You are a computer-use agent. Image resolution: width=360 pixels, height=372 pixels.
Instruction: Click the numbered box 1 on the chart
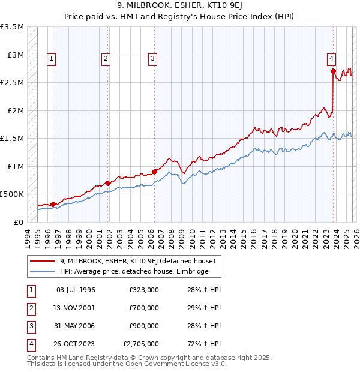52,59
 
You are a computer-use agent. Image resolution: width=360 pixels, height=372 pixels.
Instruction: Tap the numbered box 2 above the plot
106,59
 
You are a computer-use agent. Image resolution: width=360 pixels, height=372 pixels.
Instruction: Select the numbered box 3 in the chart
153,59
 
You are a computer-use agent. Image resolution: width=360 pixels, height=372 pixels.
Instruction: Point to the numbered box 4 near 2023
331,59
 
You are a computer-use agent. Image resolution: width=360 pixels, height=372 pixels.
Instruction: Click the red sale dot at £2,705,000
333,71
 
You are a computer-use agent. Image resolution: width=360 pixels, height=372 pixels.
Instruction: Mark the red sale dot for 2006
154,172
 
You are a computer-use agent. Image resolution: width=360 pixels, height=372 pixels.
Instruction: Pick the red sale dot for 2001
108,183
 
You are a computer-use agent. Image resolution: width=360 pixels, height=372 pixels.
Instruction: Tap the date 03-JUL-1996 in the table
76,290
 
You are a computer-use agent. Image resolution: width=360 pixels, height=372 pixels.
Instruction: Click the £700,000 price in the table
143,308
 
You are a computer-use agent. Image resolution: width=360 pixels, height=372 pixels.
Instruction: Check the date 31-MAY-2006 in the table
76,326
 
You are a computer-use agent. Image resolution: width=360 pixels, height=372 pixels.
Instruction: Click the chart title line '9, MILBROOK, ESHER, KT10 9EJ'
179,7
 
